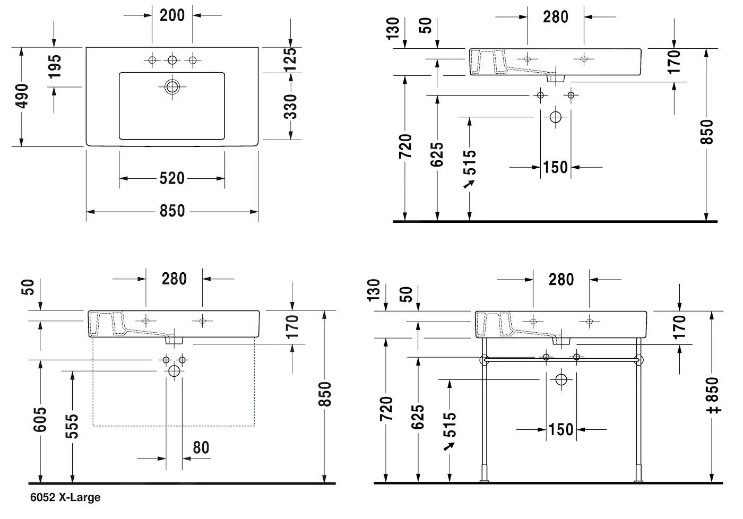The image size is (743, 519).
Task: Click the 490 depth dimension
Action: click(22, 96)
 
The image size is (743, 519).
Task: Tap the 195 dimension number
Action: click(54, 66)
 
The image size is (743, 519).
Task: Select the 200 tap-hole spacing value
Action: click(172, 15)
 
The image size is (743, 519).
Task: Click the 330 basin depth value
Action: click(290, 106)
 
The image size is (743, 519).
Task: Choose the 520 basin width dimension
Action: click(172, 178)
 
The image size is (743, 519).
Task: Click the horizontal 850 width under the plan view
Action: click(172, 211)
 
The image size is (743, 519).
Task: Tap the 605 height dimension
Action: click(40, 419)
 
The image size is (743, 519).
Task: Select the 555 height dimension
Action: click(71, 426)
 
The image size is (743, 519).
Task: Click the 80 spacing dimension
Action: click(201, 447)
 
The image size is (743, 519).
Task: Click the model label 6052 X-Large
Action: click(65, 498)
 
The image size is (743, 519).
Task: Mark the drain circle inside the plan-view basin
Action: click(172, 87)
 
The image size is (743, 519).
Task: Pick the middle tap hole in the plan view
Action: click(172, 60)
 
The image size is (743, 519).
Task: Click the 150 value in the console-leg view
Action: click(561, 429)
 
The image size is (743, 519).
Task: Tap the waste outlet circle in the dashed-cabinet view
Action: click(174, 371)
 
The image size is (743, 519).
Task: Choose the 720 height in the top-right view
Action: click(405, 146)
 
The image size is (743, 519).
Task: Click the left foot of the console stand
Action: click(484, 481)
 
